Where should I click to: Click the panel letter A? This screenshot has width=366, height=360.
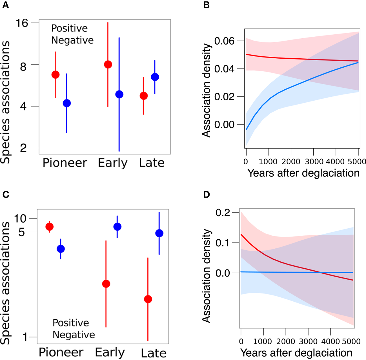click(5, 5)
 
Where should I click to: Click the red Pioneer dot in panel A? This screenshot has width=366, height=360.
click(55, 75)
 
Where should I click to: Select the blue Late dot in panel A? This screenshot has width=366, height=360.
click(155, 77)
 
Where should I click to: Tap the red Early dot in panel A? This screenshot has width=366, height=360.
click(108, 65)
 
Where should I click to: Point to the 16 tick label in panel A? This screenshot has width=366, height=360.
click(22, 23)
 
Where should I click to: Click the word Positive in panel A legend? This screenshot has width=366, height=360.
click(69, 28)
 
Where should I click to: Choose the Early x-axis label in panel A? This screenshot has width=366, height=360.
click(112, 163)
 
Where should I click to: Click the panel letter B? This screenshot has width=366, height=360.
click(206, 5)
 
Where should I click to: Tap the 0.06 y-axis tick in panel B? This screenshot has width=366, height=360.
click(224, 41)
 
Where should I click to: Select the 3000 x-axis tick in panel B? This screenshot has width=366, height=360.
click(314, 162)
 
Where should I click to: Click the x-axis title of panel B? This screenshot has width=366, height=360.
click(303, 173)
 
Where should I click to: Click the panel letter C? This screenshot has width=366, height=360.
click(5, 194)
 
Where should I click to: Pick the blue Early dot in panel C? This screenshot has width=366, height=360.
click(117, 227)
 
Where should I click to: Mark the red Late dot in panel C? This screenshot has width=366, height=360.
click(148, 299)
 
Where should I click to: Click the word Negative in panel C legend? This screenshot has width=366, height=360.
click(74, 335)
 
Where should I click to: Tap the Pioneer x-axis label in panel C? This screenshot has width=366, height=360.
click(61, 352)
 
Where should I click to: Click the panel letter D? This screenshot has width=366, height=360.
click(206, 194)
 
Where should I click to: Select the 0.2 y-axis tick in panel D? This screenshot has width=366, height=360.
click(223, 213)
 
